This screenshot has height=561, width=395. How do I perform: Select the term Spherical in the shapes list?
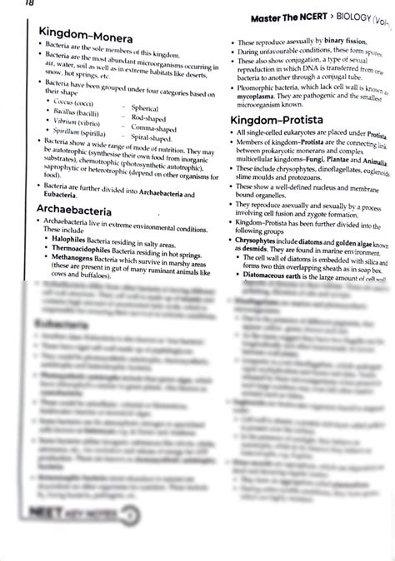(144, 108)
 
